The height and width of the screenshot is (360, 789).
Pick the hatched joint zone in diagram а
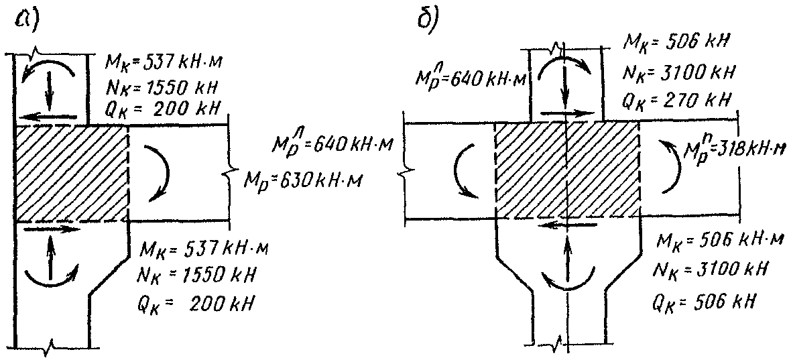[71, 174]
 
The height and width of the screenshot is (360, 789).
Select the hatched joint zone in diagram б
[566, 170]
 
